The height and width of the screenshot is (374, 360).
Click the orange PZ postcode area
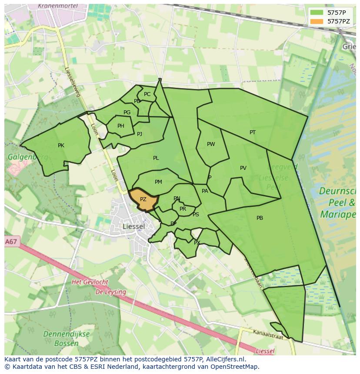click(x=143, y=200)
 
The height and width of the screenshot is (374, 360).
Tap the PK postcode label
click(x=61, y=146)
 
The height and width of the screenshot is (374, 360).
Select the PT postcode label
click(x=253, y=132)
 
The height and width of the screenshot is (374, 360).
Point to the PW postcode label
click(x=211, y=144)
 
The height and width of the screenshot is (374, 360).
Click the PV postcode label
click(x=243, y=168)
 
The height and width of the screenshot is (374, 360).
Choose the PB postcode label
click(x=260, y=218)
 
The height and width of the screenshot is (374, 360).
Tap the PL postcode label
click(x=156, y=158)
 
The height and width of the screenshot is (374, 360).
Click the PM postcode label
click(x=158, y=182)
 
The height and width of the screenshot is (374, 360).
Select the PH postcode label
click(x=121, y=126)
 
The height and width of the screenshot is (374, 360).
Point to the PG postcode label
click(x=127, y=113)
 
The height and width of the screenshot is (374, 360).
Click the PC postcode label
click(x=147, y=94)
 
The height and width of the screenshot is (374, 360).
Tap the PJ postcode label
click(x=140, y=134)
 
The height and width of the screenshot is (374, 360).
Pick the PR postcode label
click(x=183, y=209)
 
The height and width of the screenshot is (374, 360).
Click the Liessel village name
click(x=133, y=226)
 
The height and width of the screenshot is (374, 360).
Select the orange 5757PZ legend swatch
click(x=317, y=21)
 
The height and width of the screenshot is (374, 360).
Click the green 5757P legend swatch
click(x=317, y=13)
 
